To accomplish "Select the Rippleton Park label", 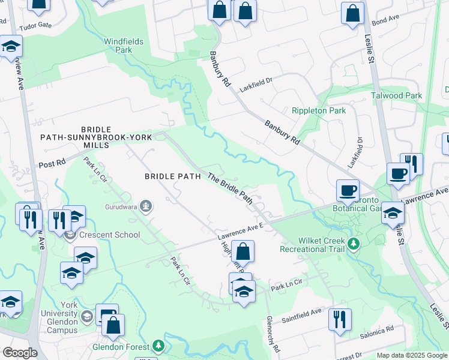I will pos(319,110).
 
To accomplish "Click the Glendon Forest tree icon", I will pos(158,346).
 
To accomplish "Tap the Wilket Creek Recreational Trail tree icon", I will pos(354,244).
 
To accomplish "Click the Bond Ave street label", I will pos(385,20).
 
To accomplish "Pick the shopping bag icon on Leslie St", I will pos(352,14).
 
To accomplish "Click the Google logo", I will pos(20,353).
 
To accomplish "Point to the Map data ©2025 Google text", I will pos(411,355).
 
